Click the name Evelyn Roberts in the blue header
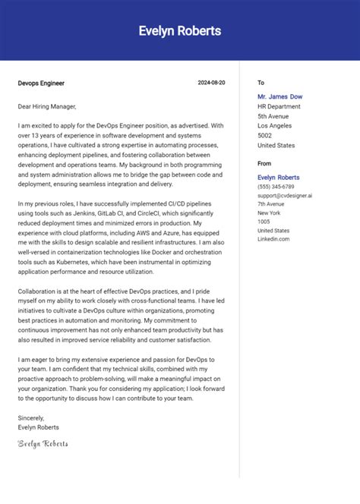pos(180,31)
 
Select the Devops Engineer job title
pos(42,82)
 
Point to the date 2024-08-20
pos(211,82)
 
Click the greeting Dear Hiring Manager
pos(47,106)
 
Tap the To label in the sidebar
pos(261,82)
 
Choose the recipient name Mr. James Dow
pos(279,96)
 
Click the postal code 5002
pos(265,135)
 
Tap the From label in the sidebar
pos(264,163)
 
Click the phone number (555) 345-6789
pos(276,187)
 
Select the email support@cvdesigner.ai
pos(285,195)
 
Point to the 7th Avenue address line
pos(272,204)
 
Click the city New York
pos(270,213)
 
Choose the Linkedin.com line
pos(273,239)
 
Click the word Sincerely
pos(31,417)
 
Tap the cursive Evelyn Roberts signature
pos(43,443)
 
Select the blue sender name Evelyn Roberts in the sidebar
pos(278,177)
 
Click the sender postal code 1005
pos(264,222)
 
